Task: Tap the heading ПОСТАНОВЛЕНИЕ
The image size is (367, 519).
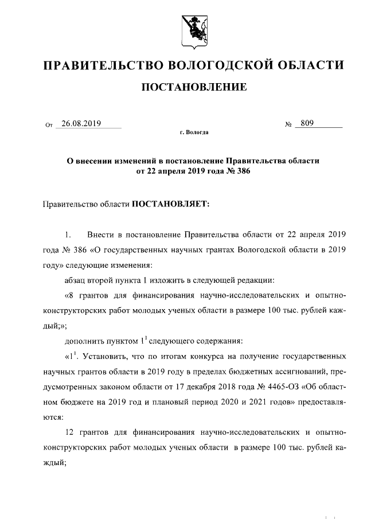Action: [194, 88]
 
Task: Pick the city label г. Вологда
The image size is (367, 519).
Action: [194, 134]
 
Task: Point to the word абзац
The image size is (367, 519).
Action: [76, 280]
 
